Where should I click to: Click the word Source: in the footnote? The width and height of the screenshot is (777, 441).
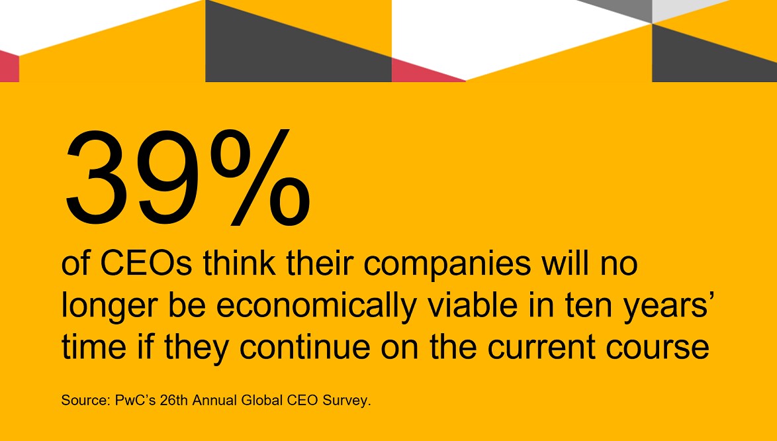(83, 401)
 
